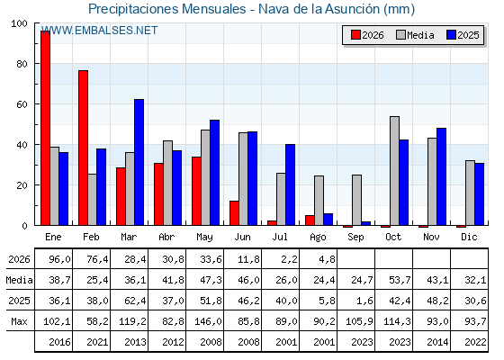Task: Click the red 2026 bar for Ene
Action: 45,128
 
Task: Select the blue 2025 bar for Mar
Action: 139,162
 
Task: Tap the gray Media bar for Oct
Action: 394,171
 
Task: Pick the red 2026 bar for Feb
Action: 83,148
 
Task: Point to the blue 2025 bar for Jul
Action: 290,184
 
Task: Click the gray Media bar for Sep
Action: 356,200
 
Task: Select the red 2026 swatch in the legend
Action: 355,35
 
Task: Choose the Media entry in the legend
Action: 415,35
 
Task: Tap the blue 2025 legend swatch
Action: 451,35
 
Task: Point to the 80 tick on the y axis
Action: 22,64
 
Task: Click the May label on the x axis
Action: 204,238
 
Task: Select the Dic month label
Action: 469,237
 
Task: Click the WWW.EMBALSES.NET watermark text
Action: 99,31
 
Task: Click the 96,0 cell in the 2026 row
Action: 59,259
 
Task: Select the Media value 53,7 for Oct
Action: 400,280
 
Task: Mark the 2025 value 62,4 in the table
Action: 135,301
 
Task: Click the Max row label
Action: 19,321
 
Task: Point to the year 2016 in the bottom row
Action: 59,342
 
